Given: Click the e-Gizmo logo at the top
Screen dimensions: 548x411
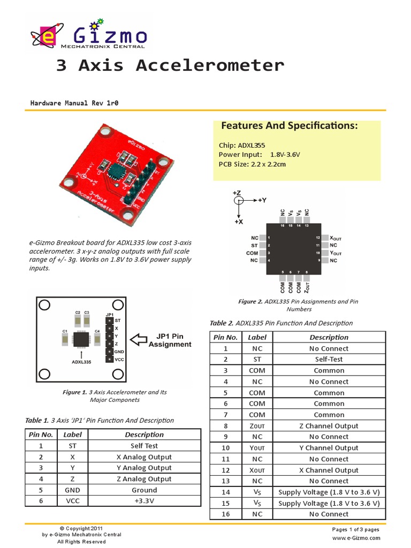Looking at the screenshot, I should tap(89, 35).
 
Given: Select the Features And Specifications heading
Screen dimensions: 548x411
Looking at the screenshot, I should tap(290, 126).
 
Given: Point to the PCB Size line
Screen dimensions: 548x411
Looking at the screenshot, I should tap(252, 164).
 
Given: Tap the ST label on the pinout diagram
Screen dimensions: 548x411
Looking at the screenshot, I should tap(254, 245).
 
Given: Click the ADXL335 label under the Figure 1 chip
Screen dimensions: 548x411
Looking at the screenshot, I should tap(80, 361).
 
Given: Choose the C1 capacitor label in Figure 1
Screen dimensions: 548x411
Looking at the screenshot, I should tap(65, 331).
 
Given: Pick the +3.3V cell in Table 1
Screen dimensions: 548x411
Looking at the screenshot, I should tap(144, 501).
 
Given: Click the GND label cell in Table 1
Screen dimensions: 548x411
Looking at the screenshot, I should tap(72, 490).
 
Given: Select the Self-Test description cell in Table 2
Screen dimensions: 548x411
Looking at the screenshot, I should tap(329, 359).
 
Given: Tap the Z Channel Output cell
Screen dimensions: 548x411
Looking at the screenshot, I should tap(329, 426).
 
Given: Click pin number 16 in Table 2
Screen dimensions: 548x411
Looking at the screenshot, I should tap(225, 514).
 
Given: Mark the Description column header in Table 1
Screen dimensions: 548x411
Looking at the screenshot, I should tap(144, 435).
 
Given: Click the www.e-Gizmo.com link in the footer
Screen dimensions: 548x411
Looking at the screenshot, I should tap(356, 538).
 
